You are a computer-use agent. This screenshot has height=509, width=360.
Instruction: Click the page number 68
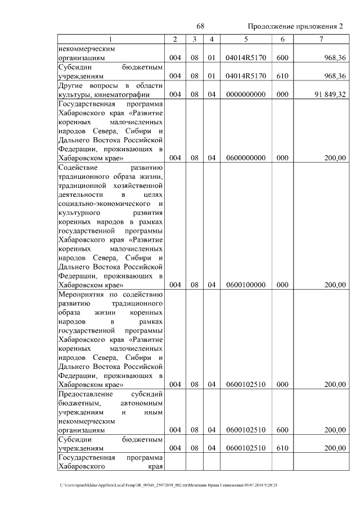(200, 26)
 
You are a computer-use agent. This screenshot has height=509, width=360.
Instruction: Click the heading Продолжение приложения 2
(295, 26)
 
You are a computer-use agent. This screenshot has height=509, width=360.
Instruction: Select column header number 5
(246, 39)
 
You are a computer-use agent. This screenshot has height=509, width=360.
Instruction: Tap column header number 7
(321, 39)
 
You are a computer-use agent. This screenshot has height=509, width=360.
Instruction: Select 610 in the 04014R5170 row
(282, 76)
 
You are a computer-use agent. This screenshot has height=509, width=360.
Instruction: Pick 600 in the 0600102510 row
(282, 430)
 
